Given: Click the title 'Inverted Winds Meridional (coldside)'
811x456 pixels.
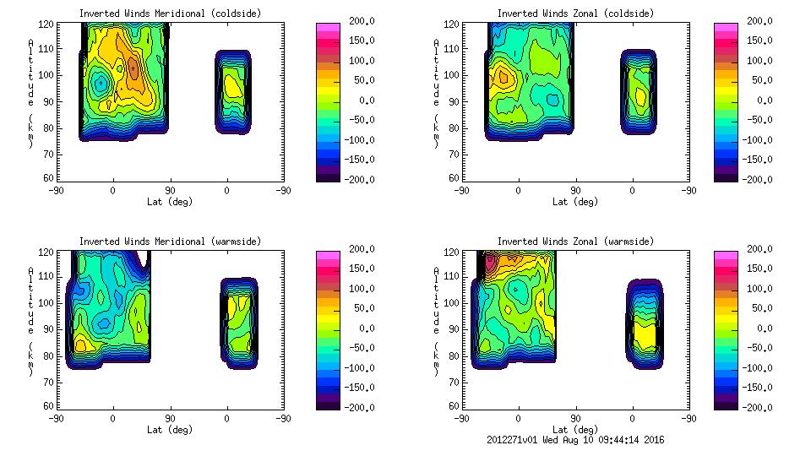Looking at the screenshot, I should click(170, 13).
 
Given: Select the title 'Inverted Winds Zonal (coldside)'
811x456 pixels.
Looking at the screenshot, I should click(575, 13).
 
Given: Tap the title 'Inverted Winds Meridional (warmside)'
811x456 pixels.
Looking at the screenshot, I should click(170, 242).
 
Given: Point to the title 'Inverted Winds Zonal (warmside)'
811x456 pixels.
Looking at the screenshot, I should click(575, 242).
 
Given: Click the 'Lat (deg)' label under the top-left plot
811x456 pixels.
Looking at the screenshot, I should click(170, 202).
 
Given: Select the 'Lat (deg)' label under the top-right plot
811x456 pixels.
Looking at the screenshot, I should click(575, 202).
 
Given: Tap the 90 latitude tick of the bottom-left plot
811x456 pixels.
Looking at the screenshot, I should click(170, 418).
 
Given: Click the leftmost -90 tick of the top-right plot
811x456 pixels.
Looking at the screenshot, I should click(461, 190).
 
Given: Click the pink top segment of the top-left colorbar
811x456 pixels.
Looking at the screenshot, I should click(328, 28).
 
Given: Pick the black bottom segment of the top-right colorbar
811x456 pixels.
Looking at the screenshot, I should click(726, 176).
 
